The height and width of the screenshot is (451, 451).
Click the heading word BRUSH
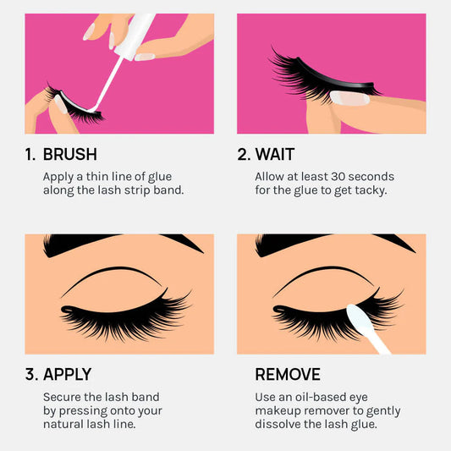coord(70,154)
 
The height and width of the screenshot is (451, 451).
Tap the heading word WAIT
coord(275,154)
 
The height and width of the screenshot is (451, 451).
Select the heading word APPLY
coord(68,375)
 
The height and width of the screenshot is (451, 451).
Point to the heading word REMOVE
coord(288,375)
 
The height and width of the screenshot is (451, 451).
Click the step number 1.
coord(30,154)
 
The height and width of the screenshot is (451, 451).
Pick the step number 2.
coord(244,154)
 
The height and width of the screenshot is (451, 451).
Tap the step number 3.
coord(31,375)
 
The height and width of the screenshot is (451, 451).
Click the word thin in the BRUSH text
coord(96,177)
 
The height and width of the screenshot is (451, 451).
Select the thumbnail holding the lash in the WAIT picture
coord(349,98)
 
